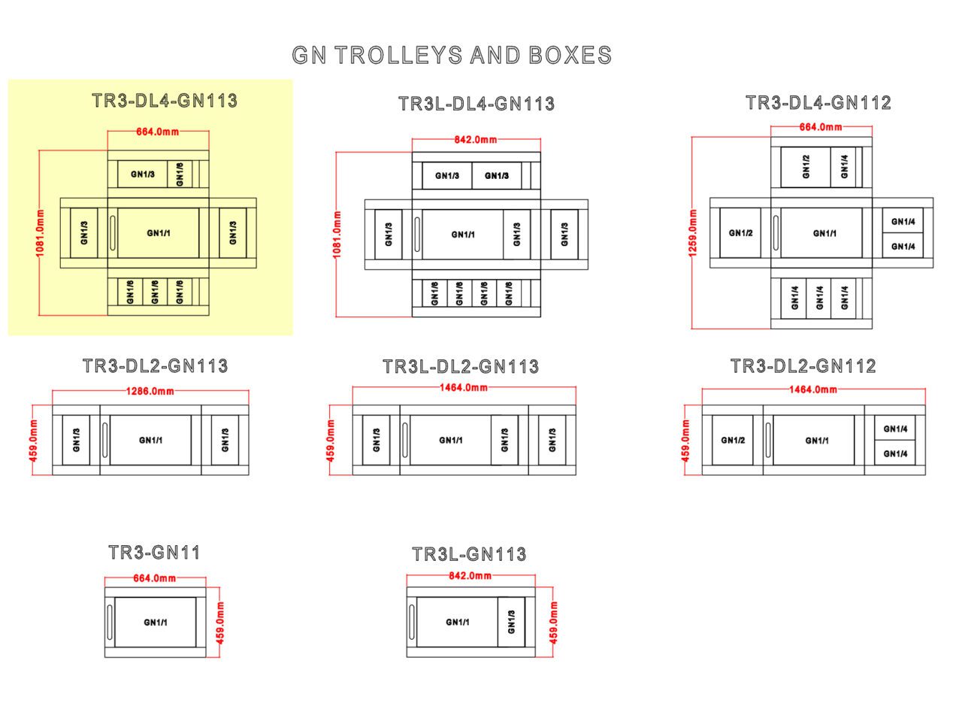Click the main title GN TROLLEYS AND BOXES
(452, 55)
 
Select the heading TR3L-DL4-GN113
(476, 104)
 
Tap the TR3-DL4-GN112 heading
(818, 102)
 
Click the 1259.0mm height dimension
(692, 232)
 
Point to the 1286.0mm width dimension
(150, 391)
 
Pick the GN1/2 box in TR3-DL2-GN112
(732, 440)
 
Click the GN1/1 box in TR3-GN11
(156, 623)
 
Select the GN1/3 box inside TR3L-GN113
(512, 622)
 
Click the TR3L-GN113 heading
(469, 554)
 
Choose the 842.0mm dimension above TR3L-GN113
(470, 576)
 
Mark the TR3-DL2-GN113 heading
(156, 366)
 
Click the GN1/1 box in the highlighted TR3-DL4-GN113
(159, 233)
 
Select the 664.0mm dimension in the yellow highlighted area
(158, 132)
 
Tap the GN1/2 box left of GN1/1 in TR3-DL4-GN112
(740, 233)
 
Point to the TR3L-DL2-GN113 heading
(461, 366)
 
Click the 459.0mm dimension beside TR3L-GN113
(554, 622)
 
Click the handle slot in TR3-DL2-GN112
(768, 440)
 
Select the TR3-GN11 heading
(154, 553)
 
